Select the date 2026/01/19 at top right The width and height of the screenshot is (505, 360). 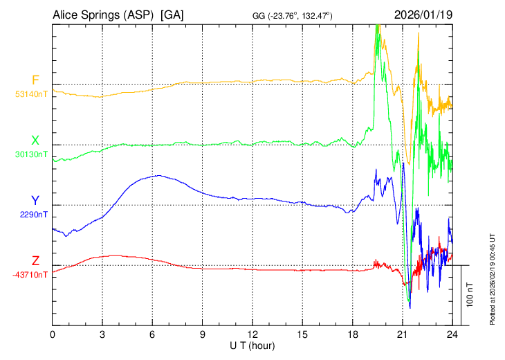pos(423,15)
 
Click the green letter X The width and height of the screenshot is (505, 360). pos(35,141)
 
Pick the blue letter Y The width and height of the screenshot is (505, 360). pos(35,201)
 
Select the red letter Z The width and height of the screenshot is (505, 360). pos(35,261)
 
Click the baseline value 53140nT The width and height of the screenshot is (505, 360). pos(31,94)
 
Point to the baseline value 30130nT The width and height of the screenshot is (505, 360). pos(31,154)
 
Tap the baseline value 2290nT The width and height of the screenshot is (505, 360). pos(33,215)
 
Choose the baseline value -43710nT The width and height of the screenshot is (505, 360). pos(30,275)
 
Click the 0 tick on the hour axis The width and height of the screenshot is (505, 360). pos(53,334)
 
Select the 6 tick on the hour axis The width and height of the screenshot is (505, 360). pos(152,334)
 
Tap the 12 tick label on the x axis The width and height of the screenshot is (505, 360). pos(252,334)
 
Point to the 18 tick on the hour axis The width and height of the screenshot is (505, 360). pos(352,334)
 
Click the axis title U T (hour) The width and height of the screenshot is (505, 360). pos(252,345)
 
